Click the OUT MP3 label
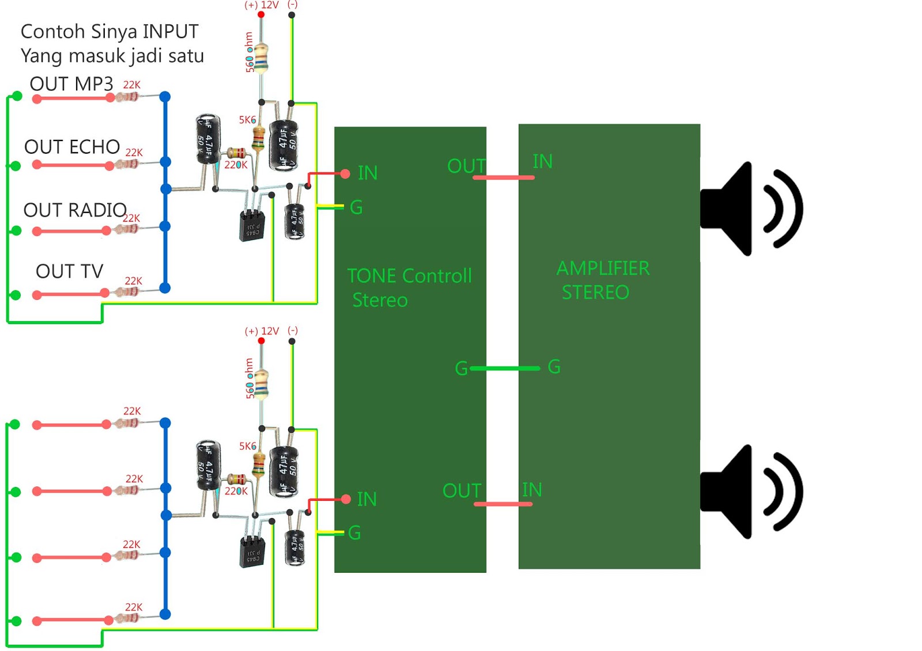coord(71,84)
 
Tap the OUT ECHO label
coord(71,147)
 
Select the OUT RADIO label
coord(74,210)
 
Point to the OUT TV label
coord(69,271)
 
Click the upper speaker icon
coord(749,208)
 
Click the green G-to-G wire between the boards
coord(505,368)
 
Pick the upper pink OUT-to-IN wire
coord(504,177)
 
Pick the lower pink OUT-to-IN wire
coord(503,504)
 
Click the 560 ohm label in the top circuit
coord(249,52)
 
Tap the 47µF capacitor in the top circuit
coord(284,145)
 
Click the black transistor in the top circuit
coord(252,225)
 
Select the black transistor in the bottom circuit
coord(252,551)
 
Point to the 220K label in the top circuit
coord(236,165)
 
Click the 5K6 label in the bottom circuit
coord(247,446)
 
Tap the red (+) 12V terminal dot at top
coord(261,14)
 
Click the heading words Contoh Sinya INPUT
coord(109,32)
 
